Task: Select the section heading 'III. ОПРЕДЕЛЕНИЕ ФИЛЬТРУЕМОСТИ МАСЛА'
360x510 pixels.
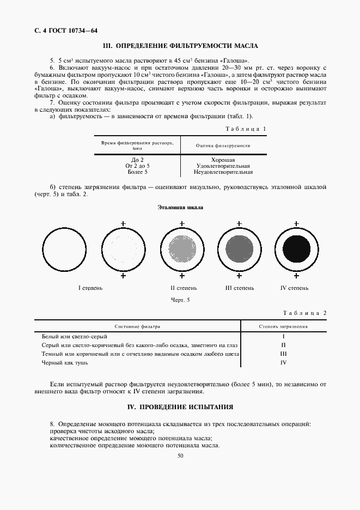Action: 180,46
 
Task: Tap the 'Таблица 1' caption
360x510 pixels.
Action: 246,129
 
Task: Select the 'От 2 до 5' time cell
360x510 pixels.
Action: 137,166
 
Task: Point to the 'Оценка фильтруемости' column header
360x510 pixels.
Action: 223,145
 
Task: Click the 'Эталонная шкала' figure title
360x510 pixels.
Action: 180,208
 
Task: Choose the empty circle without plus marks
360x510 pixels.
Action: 64,249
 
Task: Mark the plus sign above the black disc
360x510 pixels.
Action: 296,223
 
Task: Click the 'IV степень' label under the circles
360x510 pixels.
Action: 294,288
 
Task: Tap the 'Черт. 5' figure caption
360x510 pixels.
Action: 180,300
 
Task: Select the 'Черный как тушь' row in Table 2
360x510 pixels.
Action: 65,362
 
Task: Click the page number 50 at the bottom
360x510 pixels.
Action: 180,456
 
